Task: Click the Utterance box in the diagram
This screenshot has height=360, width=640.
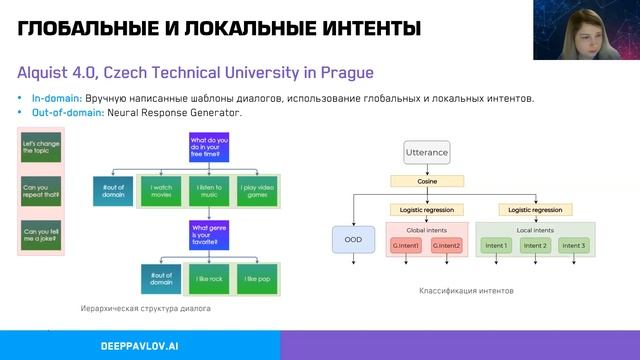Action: pyautogui.click(x=427, y=153)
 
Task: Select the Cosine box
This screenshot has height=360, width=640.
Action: pyautogui.click(x=427, y=181)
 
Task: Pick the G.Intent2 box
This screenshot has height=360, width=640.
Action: pyautogui.click(x=447, y=245)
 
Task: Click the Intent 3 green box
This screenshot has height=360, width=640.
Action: pyautogui.click(x=573, y=245)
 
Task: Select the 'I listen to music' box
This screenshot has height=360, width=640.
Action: pyautogui.click(x=210, y=189)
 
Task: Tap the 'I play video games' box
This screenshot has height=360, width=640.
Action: pyautogui.click(x=256, y=189)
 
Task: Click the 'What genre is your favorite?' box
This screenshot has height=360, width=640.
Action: pyautogui.click(x=210, y=234)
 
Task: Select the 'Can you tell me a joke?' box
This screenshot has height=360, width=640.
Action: pyautogui.click(x=41, y=234)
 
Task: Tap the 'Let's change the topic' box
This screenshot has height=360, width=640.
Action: pyautogui.click(x=41, y=148)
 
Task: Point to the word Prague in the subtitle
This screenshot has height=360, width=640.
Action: pyautogui.click(x=345, y=73)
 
